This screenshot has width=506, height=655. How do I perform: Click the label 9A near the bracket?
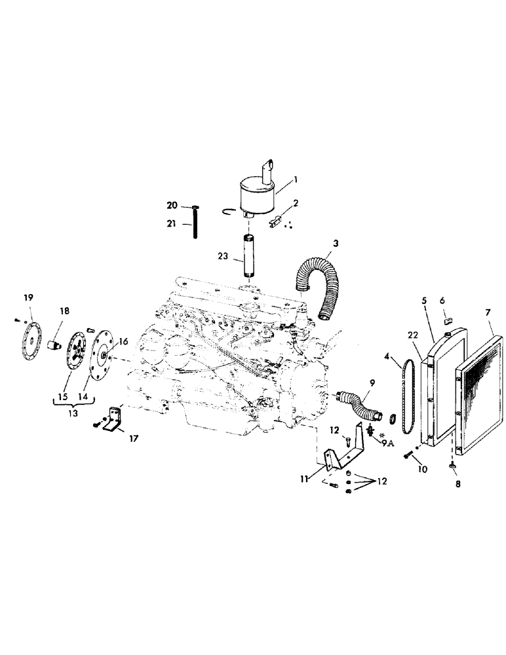pos(387,441)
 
